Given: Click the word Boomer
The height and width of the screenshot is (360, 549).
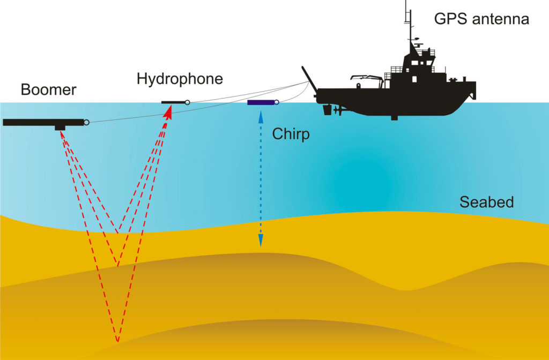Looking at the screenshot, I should pos(48,89).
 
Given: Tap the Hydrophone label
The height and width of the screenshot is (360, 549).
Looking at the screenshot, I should pos(180,79).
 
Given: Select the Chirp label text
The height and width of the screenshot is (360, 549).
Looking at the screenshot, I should pos(291,133).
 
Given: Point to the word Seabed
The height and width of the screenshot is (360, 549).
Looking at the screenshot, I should pos(486,202).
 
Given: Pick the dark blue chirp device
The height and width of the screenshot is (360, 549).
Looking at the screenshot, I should pos(260,102).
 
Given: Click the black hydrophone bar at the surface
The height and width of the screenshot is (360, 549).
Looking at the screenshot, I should pos(173,102).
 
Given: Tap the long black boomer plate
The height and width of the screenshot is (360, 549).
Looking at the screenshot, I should pos(43,122).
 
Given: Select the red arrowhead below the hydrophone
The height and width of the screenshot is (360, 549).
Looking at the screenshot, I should pos(169,112).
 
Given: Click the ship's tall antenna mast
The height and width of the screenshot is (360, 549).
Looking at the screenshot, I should pos(406,21).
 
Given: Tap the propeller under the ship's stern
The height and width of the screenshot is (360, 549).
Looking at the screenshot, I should pos(336,111).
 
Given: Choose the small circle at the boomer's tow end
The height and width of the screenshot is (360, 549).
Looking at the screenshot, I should pos(86,122).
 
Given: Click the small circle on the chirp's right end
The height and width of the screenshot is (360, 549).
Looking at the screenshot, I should pos(276,102).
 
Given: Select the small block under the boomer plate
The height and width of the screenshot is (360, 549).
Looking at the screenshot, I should pos(60,128).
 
